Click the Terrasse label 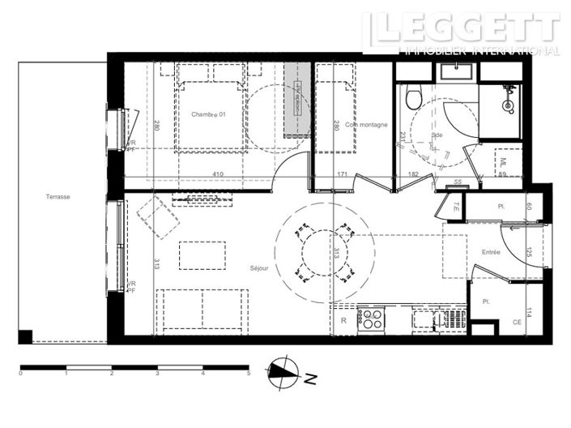[x=58, y=197]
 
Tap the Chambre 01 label [x=208, y=114]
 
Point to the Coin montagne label [x=366, y=125]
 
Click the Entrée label [x=490, y=252]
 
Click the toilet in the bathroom [x=414, y=97]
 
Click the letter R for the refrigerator [x=343, y=321]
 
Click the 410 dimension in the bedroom [x=218, y=173]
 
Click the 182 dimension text [x=413, y=173]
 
